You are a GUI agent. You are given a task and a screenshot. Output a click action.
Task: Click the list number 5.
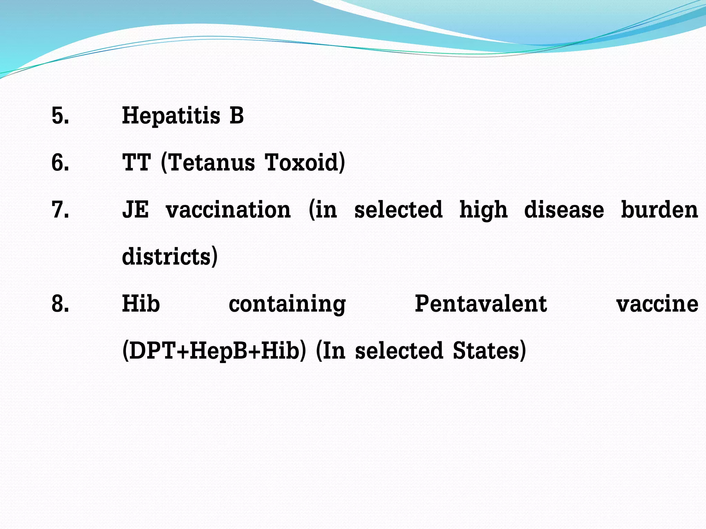(x=60, y=115)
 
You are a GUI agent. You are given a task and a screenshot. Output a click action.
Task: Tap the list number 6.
(x=60, y=163)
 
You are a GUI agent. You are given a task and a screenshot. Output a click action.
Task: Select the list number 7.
(x=60, y=210)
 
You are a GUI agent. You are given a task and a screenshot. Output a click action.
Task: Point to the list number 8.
(x=60, y=304)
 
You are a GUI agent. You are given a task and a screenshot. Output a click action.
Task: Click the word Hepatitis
(x=171, y=115)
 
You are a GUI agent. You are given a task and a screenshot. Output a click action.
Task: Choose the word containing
(x=287, y=304)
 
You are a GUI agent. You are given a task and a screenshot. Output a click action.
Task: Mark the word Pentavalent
(x=481, y=304)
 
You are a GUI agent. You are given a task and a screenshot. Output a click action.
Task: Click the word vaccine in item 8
(x=657, y=304)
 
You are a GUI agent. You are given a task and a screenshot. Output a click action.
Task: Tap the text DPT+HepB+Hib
(x=214, y=351)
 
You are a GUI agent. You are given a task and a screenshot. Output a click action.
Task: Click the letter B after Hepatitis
(x=237, y=115)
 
